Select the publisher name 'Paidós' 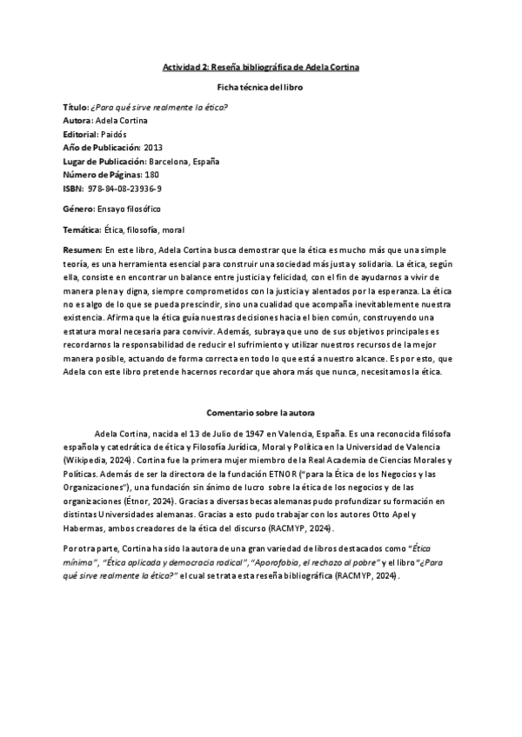pyautogui.click(x=114, y=134)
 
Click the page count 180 pyautogui.click(x=151, y=175)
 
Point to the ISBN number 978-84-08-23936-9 pyautogui.click(x=124, y=189)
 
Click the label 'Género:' pyautogui.click(x=80, y=209)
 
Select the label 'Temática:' pyautogui.click(x=83, y=229)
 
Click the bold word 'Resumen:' pyautogui.click(x=83, y=250)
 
